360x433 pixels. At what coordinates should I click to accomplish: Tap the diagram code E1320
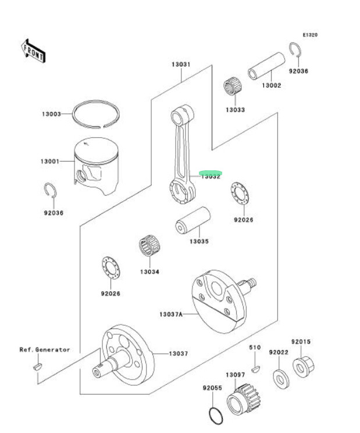309,35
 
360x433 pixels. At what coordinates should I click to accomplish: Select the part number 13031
180,65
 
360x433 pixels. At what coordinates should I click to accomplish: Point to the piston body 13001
99,166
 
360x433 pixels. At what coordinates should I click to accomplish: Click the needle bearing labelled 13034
149,247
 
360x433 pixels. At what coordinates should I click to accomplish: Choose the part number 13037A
171,314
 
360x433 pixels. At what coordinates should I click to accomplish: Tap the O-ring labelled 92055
216,416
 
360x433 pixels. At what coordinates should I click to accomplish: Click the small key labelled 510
255,368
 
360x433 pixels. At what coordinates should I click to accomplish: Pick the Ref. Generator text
45,350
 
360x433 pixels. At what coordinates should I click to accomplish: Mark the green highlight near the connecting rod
211,173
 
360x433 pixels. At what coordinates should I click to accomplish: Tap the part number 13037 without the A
179,353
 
